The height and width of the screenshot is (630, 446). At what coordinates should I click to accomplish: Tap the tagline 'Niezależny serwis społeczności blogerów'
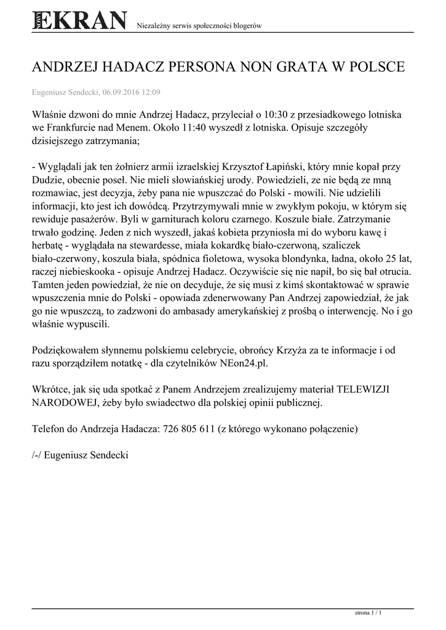click(199, 26)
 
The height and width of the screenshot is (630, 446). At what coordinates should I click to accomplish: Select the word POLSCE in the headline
click(375, 67)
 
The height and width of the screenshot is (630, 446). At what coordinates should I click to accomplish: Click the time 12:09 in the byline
click(151, 92)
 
